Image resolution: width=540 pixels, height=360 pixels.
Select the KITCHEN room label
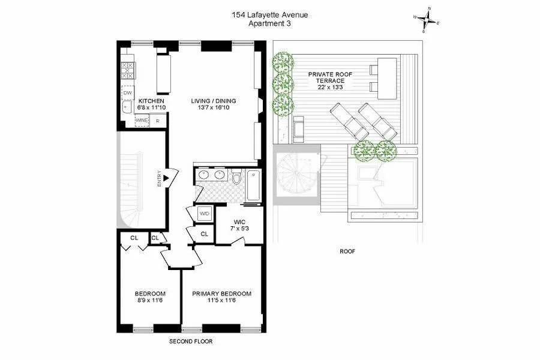[151, 101]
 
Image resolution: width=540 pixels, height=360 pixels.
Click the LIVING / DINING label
[214, 100]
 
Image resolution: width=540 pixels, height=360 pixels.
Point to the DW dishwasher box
[127, 93]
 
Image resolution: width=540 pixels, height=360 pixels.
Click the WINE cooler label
[142, 121]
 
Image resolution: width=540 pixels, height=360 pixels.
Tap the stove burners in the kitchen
[127, 71]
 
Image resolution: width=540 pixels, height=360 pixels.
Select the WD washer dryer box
[204, 213]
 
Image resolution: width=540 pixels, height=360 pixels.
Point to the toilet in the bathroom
[236, 178]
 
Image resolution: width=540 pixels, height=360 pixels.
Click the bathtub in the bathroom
[254, 184]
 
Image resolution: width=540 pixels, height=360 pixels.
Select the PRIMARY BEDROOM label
[221, 293]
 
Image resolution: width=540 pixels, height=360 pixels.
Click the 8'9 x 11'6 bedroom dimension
[149, 301]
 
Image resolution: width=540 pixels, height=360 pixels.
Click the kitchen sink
[127, 109]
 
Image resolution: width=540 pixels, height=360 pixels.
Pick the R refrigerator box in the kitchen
[157, 121]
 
